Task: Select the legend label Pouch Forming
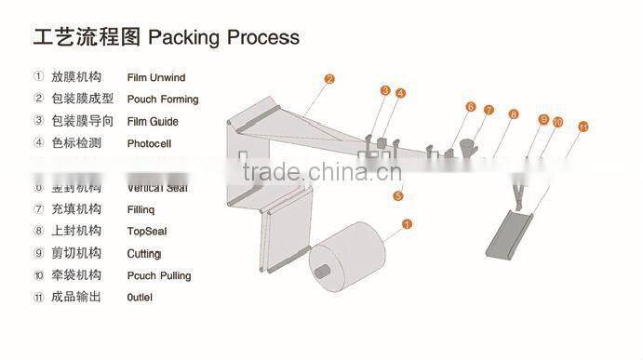tap(163, 100)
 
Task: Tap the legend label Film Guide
tap(153, 122)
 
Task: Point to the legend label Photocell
tap(149, 144)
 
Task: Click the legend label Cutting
tap(144, 253)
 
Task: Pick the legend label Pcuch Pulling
tap(159, 275)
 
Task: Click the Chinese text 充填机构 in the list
tap(75, 208)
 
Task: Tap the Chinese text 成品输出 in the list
tap(75, 298)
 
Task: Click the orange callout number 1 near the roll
tap(406, 223)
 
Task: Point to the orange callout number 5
tap(397, 196)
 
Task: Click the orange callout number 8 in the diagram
tap(513, 113)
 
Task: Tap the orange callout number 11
tap(583, 126)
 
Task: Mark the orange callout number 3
tap(384, 90)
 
